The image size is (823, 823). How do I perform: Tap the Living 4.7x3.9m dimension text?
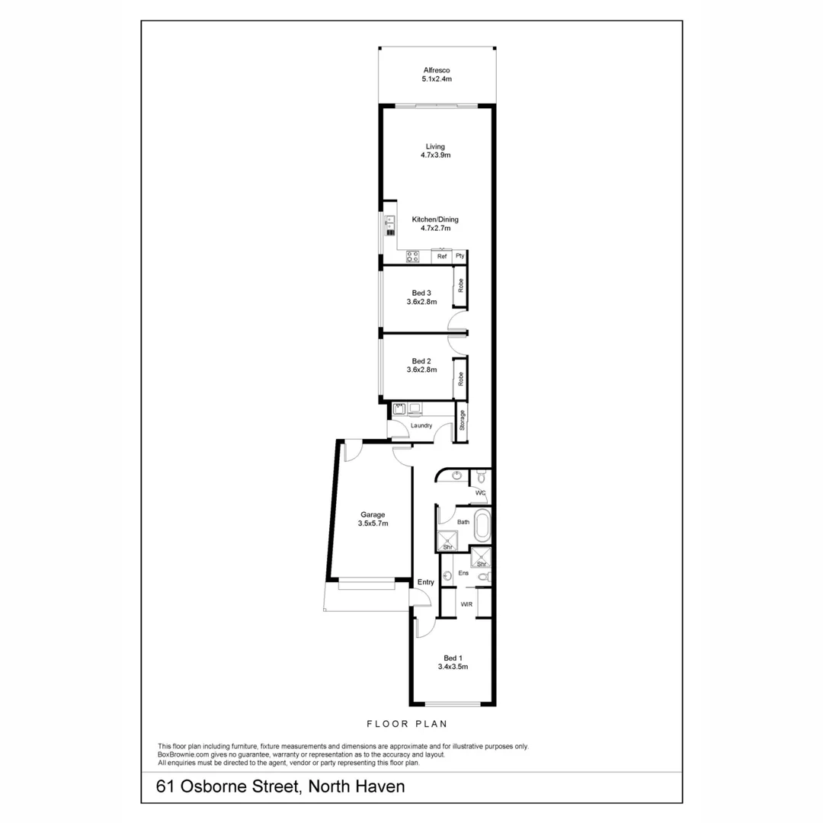[x=436, y=155]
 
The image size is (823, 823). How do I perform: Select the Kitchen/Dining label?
[x=435, y=219]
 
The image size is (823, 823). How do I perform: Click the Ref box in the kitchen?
[x=441, y=257]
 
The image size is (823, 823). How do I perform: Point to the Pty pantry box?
[x=460, y=257]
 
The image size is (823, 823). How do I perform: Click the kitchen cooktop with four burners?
[x=412, y=257]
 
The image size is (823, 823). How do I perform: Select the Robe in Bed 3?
[x=460, y=287]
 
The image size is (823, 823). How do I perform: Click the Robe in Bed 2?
[x=460, y=379]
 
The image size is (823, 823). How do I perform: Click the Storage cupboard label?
[x=461, y=421]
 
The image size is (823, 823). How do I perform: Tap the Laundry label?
[x=421, y=426]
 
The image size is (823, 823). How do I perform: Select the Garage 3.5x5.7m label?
[x=373, y=519]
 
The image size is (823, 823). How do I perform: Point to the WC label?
[x=480, y=493]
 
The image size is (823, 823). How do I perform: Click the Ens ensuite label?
[x=463, y=572]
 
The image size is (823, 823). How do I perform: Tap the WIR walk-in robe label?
[x=467, y=604]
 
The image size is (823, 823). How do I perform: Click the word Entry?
[x=425, y=582]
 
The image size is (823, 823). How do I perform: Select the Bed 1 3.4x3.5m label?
[x=453, y=662]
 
